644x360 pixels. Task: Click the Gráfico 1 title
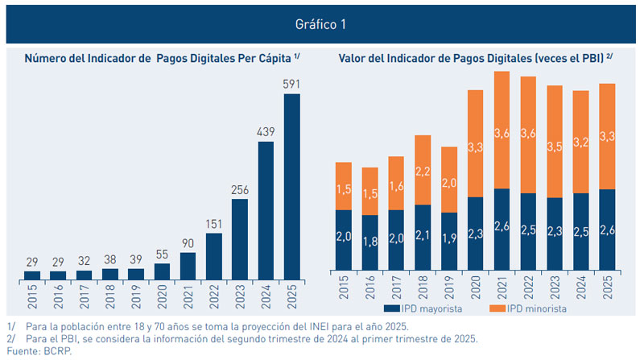(321, 24)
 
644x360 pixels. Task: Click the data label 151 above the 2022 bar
(213, 222)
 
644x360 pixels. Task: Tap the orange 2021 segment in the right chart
(502, 130)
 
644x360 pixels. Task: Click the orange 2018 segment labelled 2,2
(423, 170)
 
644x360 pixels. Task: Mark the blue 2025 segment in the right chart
(608, 230)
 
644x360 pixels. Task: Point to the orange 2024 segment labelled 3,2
(581, 142)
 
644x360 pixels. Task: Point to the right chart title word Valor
(354, 58)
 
